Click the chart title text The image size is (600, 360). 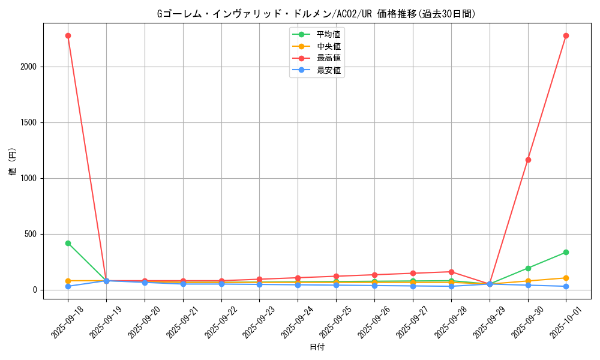[x=316, y=14]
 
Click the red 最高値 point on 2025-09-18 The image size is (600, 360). [x=68, y=35]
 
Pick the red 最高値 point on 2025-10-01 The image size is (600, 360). [x=566, y=35]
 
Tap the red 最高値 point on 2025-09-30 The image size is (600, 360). [x=528, y=160]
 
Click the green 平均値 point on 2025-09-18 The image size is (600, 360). [x=68, y=243]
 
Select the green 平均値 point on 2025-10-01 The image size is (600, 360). [x=566, y=252]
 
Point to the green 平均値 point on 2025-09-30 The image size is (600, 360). [x=528, y=268]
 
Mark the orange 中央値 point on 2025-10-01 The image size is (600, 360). [x=566, y=278]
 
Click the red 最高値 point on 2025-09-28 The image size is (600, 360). [x=451, y=272]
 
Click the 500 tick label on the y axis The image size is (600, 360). [x=30, y=234]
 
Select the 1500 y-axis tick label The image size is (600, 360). [x=28, y=122]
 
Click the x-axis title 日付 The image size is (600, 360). [x=317, y=347]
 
